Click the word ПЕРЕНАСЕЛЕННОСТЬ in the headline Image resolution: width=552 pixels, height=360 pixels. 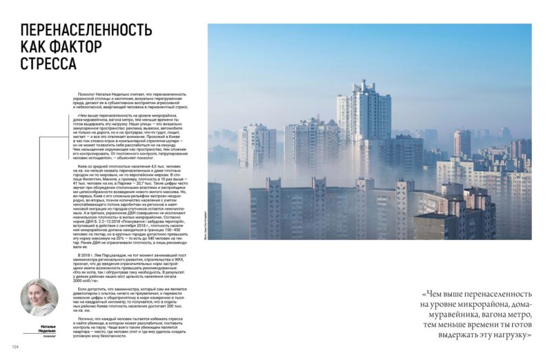click(x=86, y=31)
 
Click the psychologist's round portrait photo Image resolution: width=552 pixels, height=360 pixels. click(x=39, y=298)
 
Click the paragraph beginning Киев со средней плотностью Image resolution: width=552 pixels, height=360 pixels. click(x=138, y=204)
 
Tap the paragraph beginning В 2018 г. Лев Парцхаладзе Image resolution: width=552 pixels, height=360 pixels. click(x=138, y=266)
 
